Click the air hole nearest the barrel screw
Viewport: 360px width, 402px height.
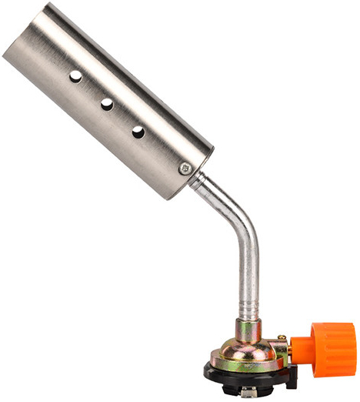(x=138, y=132)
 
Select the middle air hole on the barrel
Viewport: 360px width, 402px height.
(x=107, y=104)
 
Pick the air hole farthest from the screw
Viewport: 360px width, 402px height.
(x=75, y=76)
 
